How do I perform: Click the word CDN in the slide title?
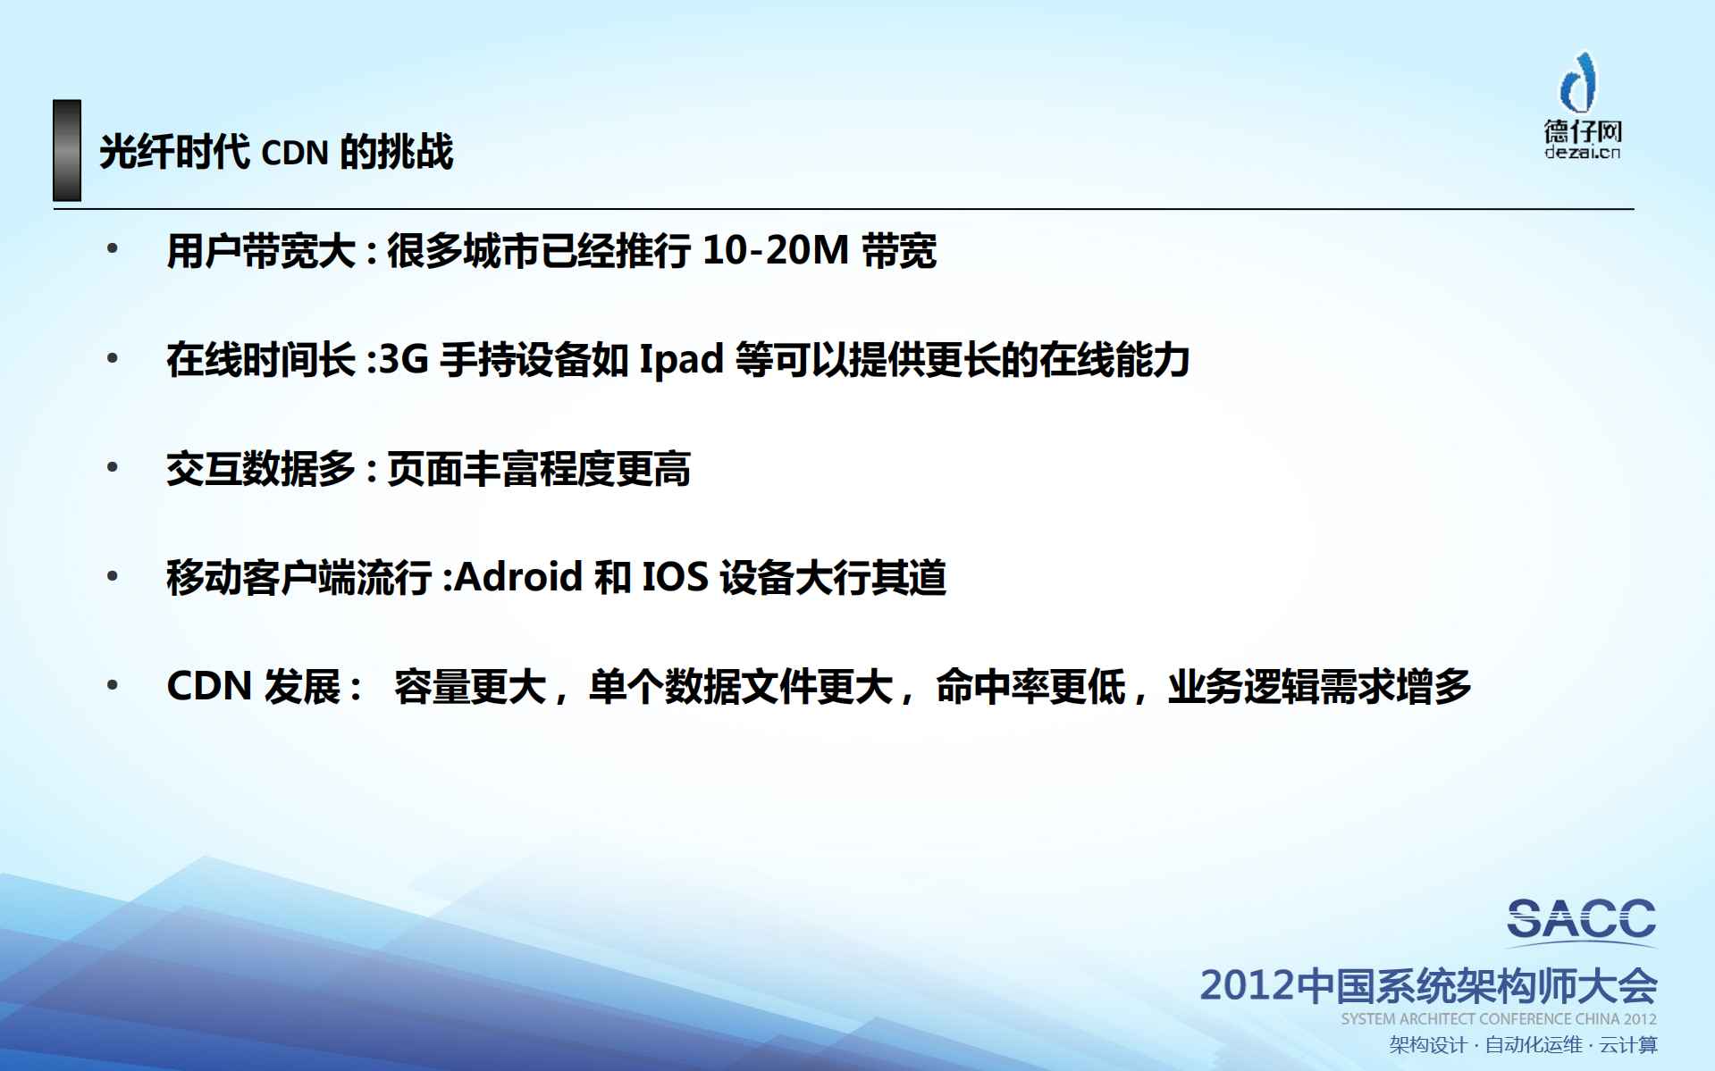point(295,153)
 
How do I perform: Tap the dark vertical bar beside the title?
point(67,150)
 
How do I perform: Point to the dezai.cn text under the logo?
point(1582,153)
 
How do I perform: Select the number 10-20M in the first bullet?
point(775,250)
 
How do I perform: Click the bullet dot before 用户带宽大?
point(113,249)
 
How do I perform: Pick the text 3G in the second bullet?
point(404,359)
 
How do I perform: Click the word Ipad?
point(681,360)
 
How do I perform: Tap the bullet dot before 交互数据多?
point(113,467)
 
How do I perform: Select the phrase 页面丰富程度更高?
point(538,469)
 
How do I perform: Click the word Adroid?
point(518,577)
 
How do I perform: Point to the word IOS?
point(675,577)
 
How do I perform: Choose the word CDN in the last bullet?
point(209,686)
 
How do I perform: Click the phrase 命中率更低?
point(1030,687)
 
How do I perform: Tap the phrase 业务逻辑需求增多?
point(1319,687)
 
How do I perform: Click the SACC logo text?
point(1581,919)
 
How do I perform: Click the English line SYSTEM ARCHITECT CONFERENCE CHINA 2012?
point(1498,1019)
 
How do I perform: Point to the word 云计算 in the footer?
point(1628,1045)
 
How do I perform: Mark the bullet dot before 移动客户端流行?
point(113,576)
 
